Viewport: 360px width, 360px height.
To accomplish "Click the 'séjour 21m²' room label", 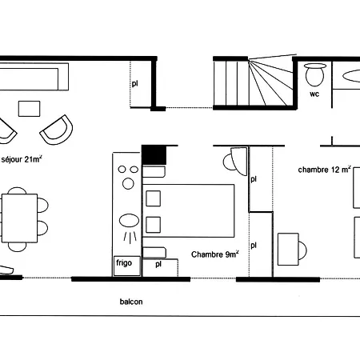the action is [22, 159].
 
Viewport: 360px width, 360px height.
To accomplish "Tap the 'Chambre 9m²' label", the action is [215, 254].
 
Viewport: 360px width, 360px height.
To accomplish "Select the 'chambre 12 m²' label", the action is [324, 170].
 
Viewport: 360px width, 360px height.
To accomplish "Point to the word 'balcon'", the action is [131, 302].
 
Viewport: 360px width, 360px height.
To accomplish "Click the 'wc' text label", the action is [314, 94].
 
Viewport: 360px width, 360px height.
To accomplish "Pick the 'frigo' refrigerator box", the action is [127, 266].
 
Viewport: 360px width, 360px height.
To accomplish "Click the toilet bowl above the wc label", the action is [315, 74].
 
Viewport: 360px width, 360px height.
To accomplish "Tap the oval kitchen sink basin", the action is [129, 221].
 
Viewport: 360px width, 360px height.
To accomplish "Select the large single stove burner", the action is [128, 184].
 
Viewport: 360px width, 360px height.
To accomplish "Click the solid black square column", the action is [154, 155].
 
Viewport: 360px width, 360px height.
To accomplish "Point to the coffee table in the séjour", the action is [29, 109].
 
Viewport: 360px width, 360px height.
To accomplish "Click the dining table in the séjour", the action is [19, 218].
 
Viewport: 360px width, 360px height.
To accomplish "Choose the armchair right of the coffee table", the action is [57, 130].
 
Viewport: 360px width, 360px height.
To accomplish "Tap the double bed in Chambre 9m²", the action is [188, 210].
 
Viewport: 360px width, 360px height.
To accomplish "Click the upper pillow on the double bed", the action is [154, 198].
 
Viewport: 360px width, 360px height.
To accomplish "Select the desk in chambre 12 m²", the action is [288, 250].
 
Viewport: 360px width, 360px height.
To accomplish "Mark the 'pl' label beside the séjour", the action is [135, 84].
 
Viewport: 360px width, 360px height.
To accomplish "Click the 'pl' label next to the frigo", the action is [158, 264].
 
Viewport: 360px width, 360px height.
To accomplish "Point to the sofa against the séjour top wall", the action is [34, 77].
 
